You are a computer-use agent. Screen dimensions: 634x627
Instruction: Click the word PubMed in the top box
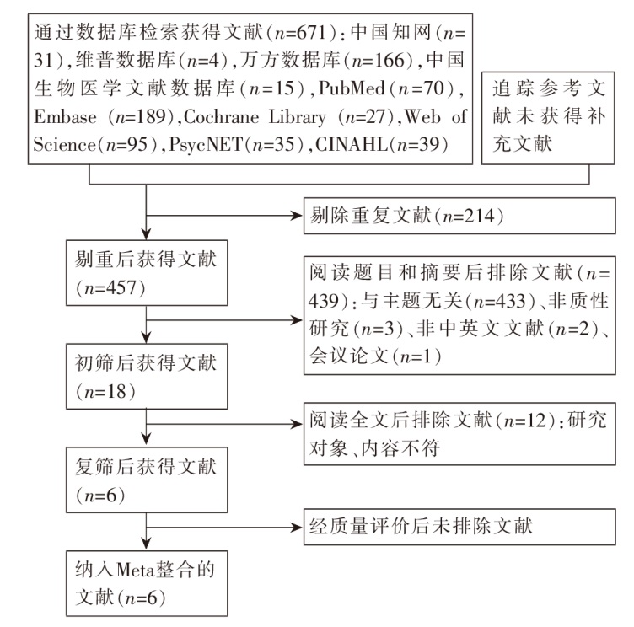pos(352,88)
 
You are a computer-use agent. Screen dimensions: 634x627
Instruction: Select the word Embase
pos(65,117)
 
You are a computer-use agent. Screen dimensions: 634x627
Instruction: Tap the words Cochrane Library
pos(255,117)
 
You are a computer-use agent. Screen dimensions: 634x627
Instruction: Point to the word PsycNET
pos(206,144)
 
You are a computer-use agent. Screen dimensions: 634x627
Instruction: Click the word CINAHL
pos(352,144)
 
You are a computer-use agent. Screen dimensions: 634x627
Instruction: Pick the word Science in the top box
pos(64,144)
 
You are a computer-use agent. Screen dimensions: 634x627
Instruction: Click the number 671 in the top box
pos(311,32)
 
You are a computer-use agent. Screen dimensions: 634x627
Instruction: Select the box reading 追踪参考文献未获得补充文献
pos(548,118)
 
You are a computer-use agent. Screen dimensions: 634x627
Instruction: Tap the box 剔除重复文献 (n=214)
pos(459,216)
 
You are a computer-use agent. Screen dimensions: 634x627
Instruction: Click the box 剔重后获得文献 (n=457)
pos(147,273)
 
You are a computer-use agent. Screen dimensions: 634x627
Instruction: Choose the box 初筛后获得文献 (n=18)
pos(147,377)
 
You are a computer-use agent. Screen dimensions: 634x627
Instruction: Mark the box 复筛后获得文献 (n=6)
pos(147,480)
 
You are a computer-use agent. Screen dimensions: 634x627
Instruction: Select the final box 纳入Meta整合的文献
pos(147,583)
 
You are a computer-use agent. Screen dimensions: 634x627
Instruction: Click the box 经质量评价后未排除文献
pos(459,528)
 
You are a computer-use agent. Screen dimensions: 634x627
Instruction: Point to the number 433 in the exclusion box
pos(511,301)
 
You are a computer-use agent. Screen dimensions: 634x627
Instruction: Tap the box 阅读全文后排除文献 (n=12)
pos(459,434)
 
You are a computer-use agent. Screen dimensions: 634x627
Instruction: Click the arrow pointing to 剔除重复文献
pos(224,216)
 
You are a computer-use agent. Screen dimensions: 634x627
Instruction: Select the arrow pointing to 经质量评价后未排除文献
pos(224,528)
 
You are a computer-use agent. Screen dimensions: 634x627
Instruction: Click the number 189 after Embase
pos(152,117)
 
